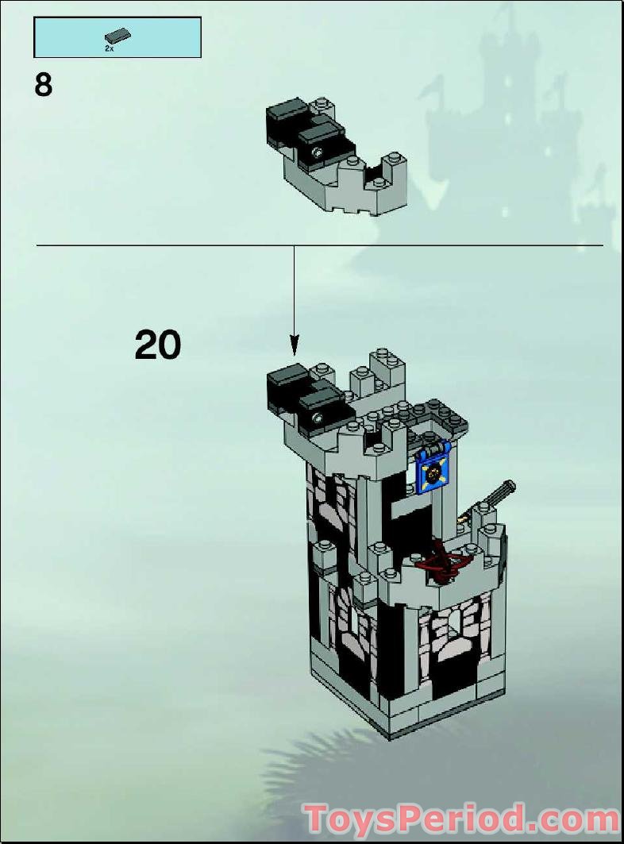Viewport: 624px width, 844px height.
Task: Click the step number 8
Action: (x=44, y=84)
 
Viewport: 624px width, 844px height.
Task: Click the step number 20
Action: (x=158, y=345)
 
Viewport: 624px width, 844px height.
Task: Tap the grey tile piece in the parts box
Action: (x=117, y=36)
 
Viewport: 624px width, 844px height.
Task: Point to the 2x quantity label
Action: (x=110, y=48)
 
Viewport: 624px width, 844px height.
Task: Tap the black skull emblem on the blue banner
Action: (x=434, y=473)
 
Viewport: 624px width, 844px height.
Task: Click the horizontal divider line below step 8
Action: (x=159, y=245)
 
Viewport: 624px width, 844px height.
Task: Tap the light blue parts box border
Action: (x=117, y=18)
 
